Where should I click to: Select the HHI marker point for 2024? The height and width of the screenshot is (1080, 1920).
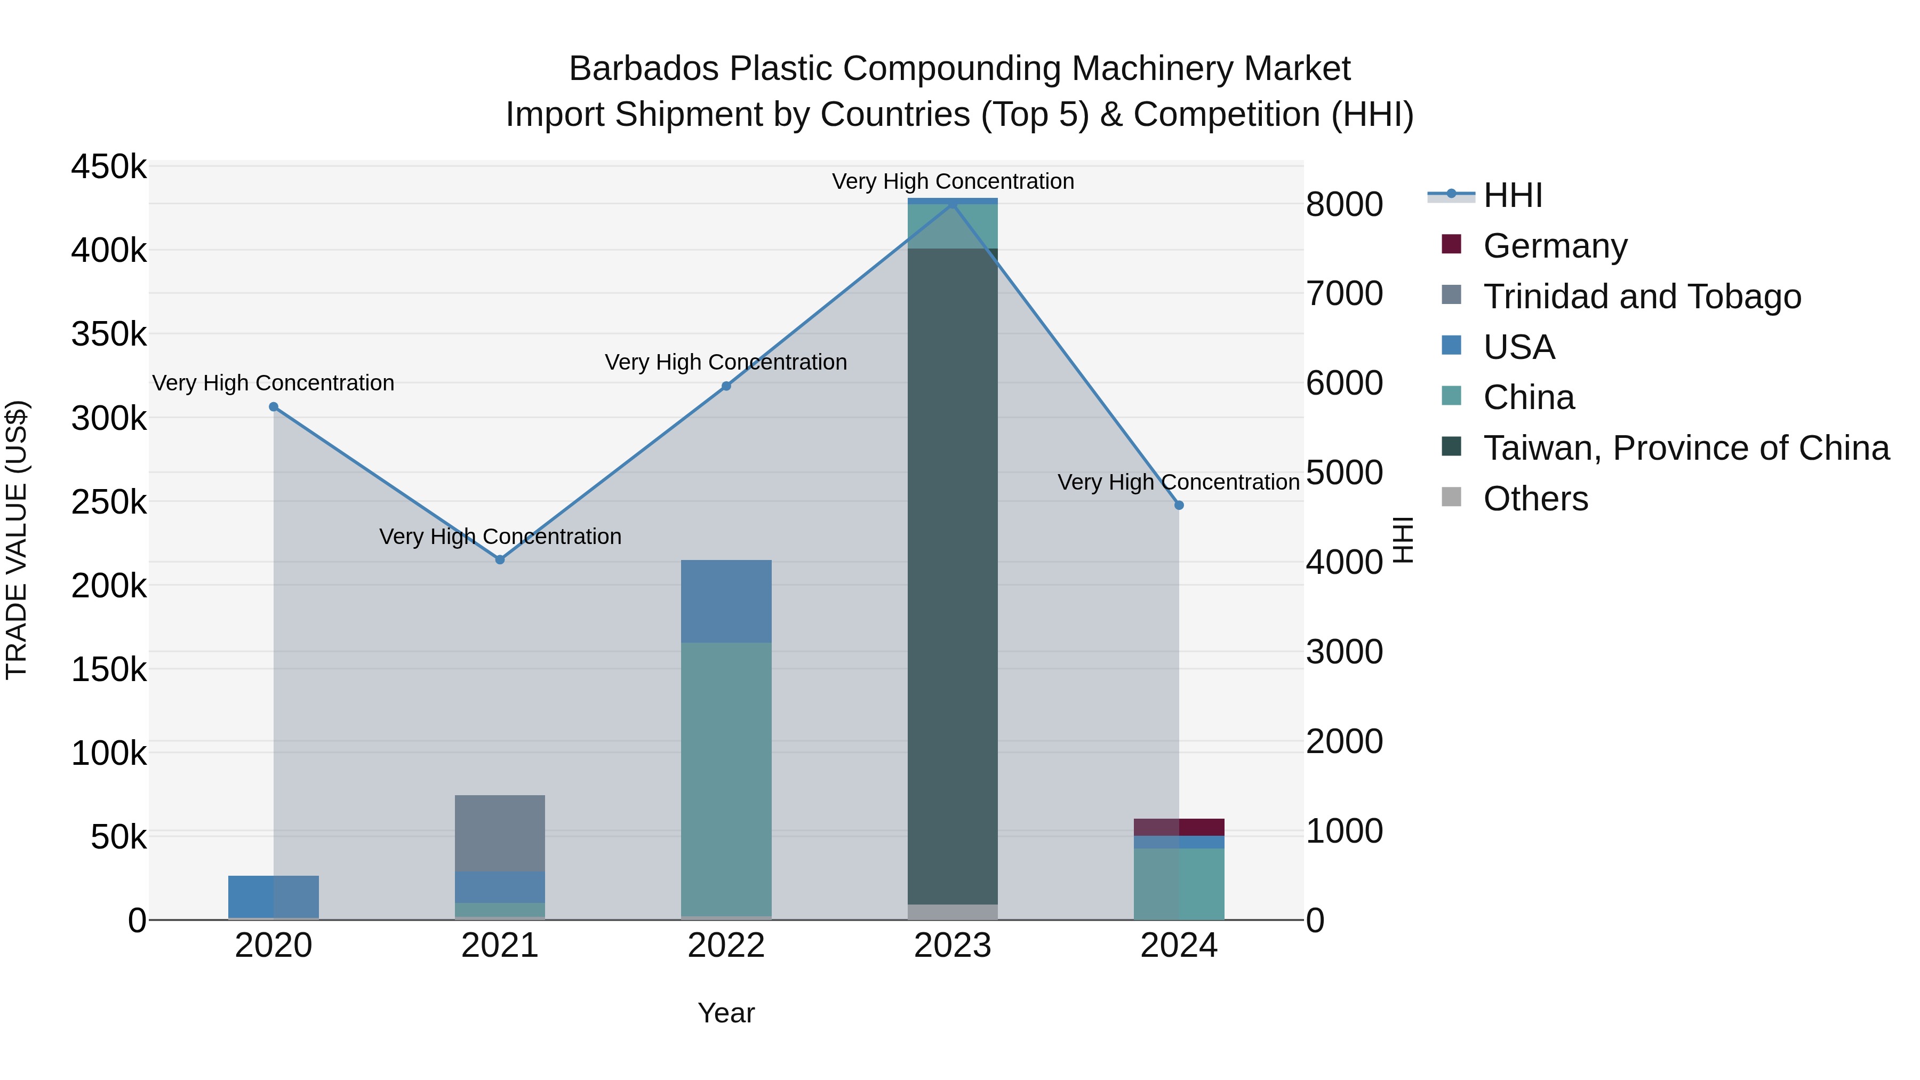pos(1179,506)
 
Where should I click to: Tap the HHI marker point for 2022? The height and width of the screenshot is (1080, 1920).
pos(727,386)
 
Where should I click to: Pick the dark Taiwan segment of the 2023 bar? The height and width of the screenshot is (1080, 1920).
pos(953,574)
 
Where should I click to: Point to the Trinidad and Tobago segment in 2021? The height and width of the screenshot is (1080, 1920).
pos(500,833)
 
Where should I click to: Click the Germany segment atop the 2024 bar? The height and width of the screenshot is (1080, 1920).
pos(1179,827)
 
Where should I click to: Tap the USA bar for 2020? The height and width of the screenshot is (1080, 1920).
pos(274,897)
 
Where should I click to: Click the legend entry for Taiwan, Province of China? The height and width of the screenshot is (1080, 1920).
pos(1686,448)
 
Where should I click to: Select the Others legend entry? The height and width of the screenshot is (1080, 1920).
pos(1535,499)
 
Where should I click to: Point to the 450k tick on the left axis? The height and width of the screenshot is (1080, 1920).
pos(109,166)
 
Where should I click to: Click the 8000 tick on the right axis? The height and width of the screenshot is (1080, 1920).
pos(1345,204)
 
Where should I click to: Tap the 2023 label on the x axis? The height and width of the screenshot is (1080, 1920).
pos(953,946)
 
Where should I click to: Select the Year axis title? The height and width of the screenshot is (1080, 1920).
pos(727,1013)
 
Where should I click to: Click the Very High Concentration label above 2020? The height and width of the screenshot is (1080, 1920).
pos(274,383)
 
